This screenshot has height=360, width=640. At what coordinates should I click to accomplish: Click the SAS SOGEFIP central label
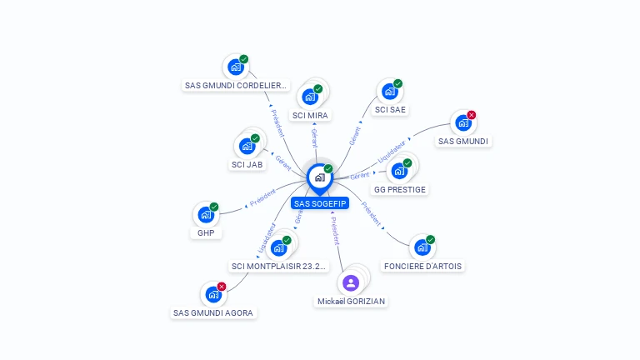coord(320,203)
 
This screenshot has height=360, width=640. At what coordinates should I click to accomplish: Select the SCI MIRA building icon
coord(310,97)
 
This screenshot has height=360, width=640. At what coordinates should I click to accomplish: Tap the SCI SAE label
coord(391,109)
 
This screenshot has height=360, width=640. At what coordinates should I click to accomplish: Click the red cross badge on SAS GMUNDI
coord(472,115)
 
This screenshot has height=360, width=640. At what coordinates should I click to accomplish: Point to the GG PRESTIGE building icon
coord(399,172)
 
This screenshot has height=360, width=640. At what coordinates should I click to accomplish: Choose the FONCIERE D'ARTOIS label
coord(422,267)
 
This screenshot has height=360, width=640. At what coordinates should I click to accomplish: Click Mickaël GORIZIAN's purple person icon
coord(351,283)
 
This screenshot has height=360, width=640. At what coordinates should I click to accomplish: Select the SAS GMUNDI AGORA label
coord(213,313)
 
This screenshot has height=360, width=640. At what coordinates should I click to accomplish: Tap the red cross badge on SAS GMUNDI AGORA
coord(222,287)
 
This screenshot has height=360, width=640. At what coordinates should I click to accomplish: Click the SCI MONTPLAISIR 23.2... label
coord(279,267)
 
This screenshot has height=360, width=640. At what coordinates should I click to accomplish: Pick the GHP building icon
coord(205,215)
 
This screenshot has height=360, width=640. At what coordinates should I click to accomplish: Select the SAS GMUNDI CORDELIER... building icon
coord(235,67)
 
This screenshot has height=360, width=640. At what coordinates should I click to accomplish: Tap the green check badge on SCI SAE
coord(398,83)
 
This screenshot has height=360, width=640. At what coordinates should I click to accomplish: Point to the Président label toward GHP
coord(262,197)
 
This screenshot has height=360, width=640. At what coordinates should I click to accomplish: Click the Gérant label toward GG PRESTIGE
coord(360,176)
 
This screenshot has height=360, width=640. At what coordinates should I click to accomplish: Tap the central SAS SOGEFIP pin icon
coord(319,177)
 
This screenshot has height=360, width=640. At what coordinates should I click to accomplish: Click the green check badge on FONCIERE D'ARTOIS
coord(431,239)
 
